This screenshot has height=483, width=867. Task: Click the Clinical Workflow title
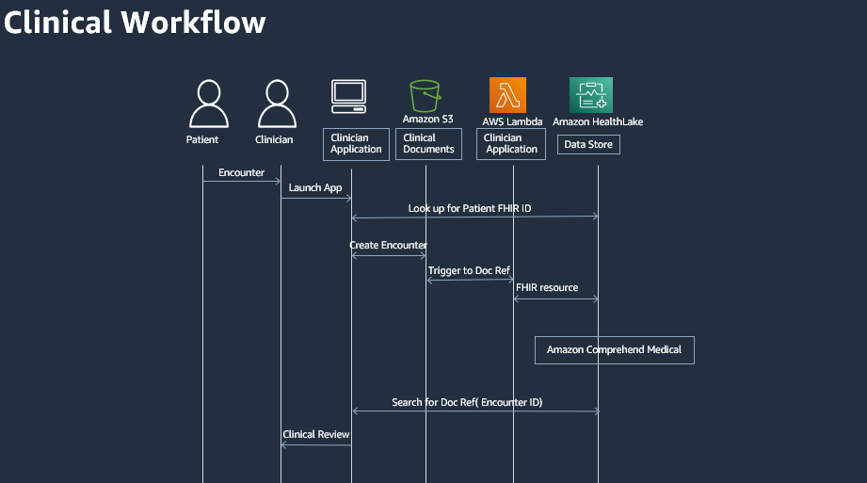tap(135, 22)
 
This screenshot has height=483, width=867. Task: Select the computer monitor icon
tap(348, 97)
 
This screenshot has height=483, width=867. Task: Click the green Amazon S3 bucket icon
tap(425, 95)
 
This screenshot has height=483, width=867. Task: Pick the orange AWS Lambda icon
tap(507, 95)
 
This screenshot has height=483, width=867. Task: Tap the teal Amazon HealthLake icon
tap(591, 95)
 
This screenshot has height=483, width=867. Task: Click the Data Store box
tap(588, 145)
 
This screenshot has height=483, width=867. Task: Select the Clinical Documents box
tap(428, 143)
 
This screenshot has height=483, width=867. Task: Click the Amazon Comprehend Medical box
tap(614, 349)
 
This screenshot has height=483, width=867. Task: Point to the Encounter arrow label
tap(241, 173)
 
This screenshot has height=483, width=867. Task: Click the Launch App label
tap(315, 187)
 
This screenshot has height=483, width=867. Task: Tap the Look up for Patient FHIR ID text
tap(470, 208)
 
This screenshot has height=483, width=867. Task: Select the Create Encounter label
tap(388, 246)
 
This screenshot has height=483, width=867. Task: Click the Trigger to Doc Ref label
tap(469, 270)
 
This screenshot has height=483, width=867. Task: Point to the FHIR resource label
tap(547, 287)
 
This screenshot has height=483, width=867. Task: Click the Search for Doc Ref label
tap(467, 402)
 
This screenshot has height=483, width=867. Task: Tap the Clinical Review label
tap(316, 434)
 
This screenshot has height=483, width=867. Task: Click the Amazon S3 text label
tap(428, 119)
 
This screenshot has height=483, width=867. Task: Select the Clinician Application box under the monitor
tap(356, 143)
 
